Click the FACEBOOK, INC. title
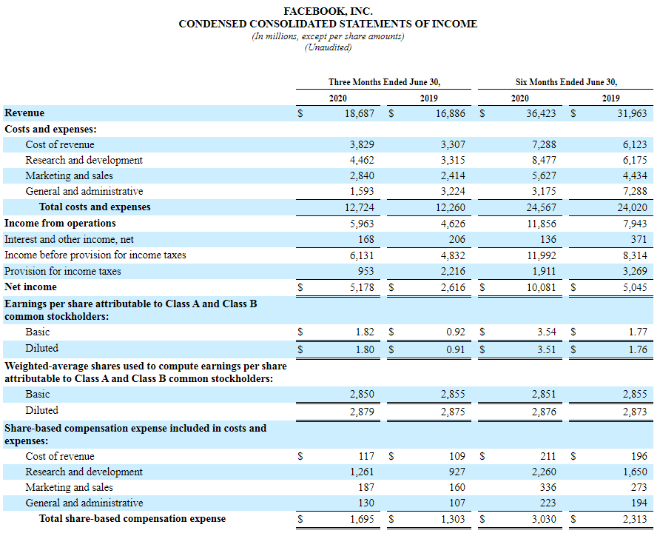(328, 11)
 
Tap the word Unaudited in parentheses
(328, 47)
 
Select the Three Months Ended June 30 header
(389, 82)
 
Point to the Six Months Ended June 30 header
(566, 82)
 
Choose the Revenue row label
(24, 113)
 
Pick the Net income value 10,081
(541, 287)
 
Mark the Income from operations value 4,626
(453, 224)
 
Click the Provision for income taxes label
(62, 271)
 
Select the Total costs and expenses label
(95, 207)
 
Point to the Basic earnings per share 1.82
(365, 332)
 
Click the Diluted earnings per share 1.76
(638, 349)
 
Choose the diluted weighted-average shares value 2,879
(362, 411)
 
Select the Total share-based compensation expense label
(132, 519)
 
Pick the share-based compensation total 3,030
(544, 520)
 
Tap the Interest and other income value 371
(639, 240)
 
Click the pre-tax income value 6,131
(362, 255)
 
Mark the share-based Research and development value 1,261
(362, 472)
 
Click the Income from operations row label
(60, 224)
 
